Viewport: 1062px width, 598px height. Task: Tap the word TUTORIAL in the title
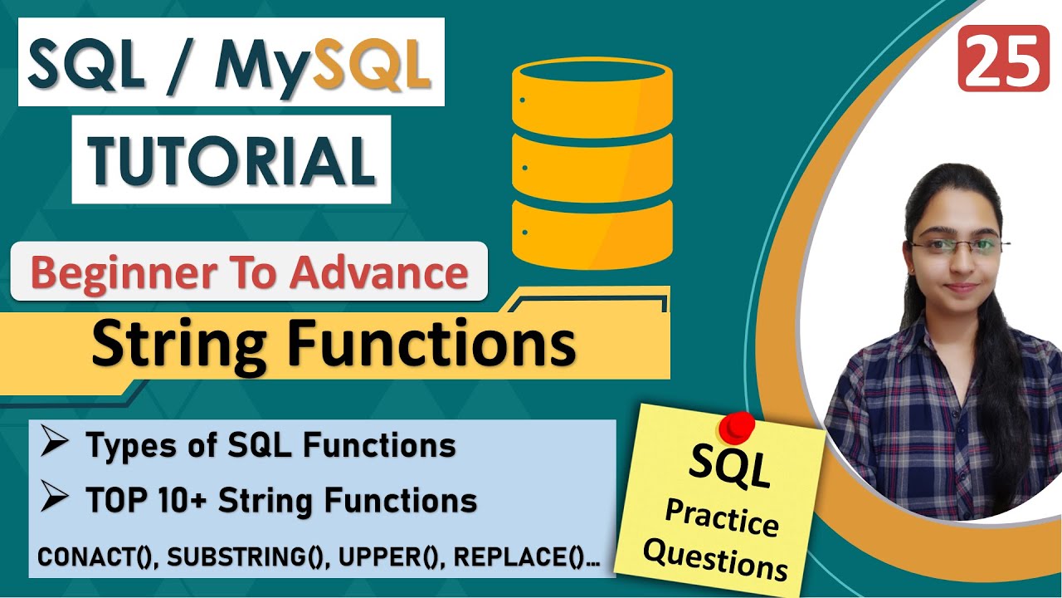point(231,159)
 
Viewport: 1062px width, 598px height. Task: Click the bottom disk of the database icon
point(591,228)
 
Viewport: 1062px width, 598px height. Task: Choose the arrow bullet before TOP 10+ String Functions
point(55,500)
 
